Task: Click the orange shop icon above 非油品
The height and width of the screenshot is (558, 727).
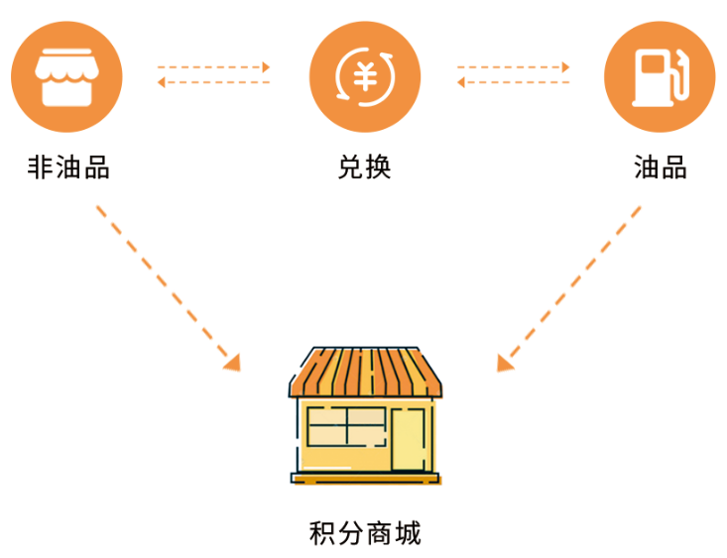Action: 66,77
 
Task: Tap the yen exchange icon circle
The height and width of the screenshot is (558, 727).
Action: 364,77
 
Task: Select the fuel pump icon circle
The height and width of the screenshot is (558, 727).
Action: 660,77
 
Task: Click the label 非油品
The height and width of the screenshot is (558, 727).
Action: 68,167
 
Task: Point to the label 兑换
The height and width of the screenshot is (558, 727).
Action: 364,167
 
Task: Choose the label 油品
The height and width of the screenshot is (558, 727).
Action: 660,167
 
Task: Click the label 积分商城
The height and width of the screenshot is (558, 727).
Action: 365,534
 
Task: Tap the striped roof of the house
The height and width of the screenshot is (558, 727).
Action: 365,372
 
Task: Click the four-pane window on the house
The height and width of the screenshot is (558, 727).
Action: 345,427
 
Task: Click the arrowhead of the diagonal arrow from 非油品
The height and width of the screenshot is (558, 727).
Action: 232,362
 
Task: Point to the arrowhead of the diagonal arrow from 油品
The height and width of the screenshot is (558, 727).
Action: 505,362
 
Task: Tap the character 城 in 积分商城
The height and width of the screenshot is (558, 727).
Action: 408,534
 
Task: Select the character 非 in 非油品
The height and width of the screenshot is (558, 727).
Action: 40,167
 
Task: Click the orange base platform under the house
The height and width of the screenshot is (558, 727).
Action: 365,480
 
